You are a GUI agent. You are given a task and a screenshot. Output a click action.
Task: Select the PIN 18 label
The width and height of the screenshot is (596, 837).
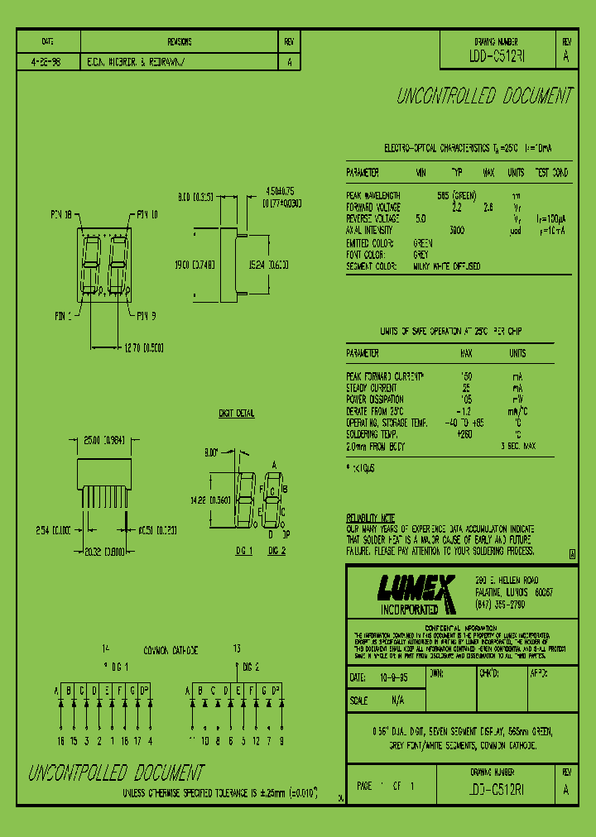tap(62, 213)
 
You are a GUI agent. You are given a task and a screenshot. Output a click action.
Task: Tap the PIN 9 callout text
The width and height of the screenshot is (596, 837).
tap(147, 314)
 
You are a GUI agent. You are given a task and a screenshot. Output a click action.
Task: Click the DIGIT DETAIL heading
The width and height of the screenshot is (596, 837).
tap(237, 413)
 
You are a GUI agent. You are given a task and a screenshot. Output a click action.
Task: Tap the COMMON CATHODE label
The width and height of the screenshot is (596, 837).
tap(171, 650)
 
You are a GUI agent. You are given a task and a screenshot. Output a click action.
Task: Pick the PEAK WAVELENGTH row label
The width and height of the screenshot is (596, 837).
tap(373, 195)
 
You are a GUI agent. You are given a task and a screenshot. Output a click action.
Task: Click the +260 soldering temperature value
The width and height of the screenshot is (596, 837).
tap(465, 433)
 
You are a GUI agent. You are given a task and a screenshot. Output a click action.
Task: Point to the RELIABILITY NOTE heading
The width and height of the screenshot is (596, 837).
tap(371, 518)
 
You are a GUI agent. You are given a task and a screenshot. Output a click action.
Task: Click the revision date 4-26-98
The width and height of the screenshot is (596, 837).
tap(47, 61)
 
